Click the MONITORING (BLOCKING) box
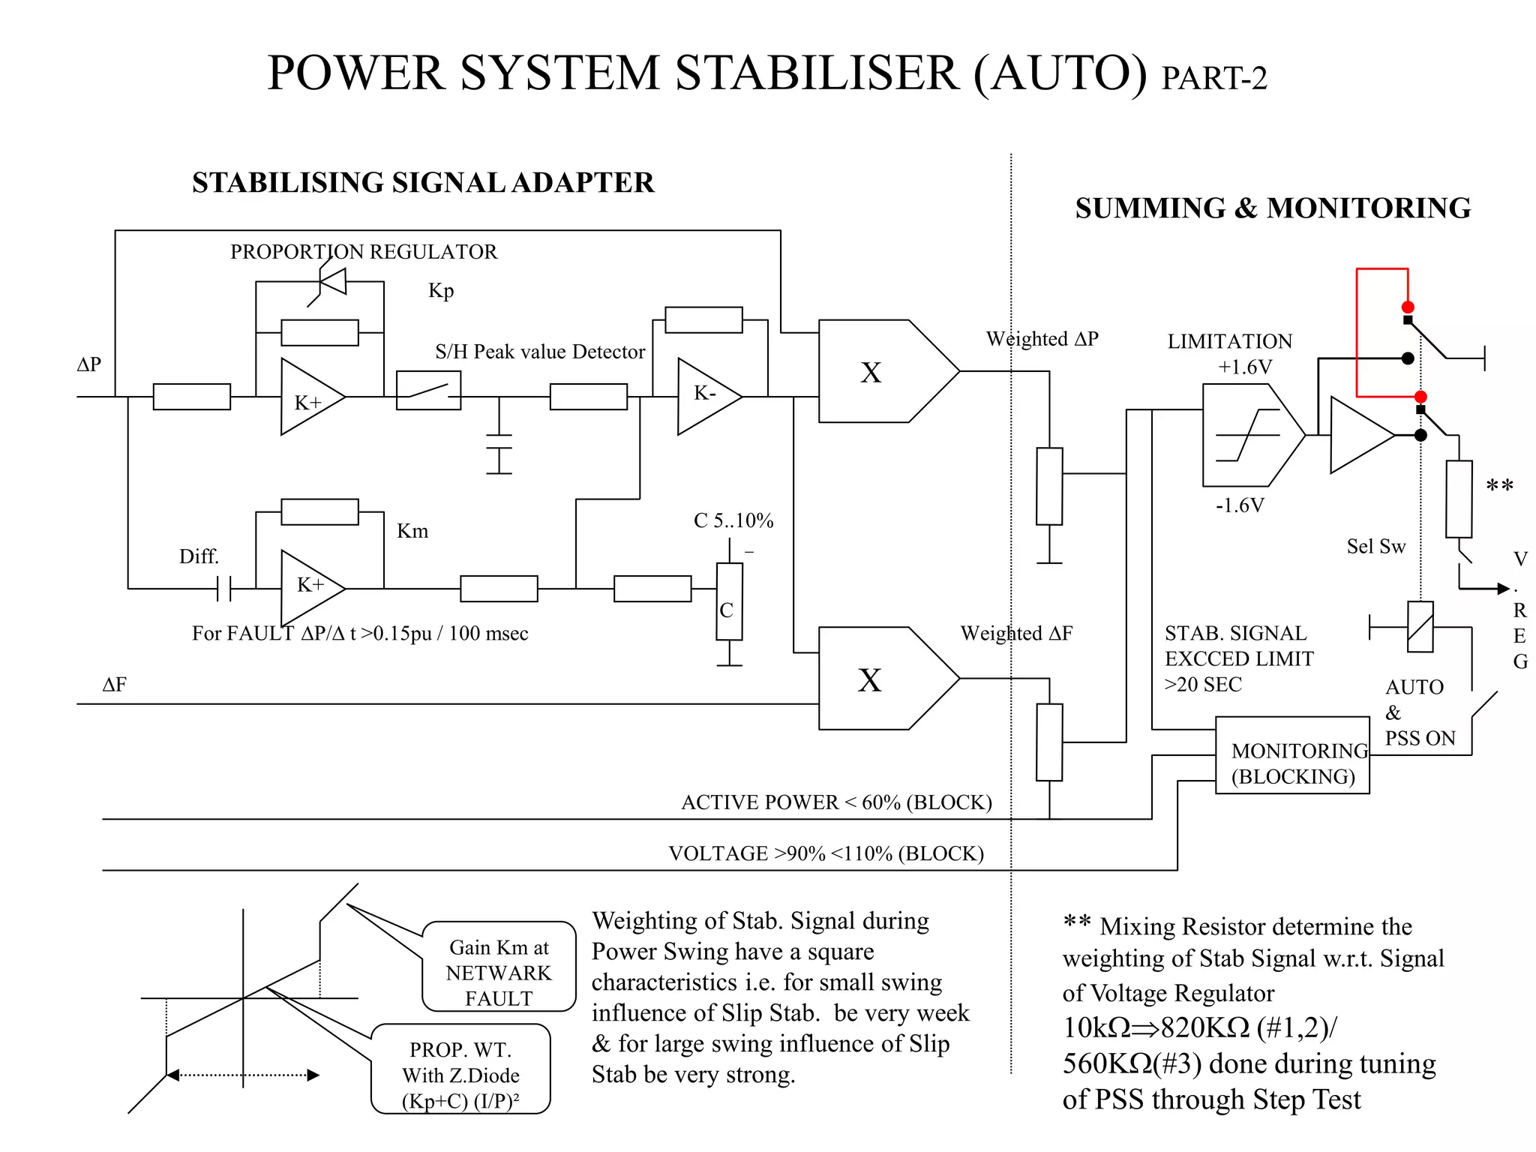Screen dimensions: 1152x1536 coord(1291,755)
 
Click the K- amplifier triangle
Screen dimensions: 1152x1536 coord(705,396)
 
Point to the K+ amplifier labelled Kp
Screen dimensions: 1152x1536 coord(309,397)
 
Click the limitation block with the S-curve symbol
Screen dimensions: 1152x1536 coord(1246,435)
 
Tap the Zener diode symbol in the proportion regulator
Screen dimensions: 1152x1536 coord(331,283)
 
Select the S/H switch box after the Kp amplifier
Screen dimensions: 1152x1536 coord(428,390)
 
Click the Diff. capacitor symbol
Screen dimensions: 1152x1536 coord(223,589)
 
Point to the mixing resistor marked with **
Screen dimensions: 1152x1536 coord(1458,499)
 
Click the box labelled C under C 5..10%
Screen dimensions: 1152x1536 coord(729,601)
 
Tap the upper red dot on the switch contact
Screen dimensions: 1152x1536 coord(1408,307)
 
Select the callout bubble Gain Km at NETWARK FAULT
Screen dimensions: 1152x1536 coord(499,967)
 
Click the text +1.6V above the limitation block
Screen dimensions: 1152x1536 coord(1245,367)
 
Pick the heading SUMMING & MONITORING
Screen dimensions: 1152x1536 coord(1272,208)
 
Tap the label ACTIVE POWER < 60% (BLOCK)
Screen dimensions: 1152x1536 coord(835,802)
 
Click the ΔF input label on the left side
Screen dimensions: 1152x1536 coord(114,684)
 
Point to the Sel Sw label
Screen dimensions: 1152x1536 coord(1375,546)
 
